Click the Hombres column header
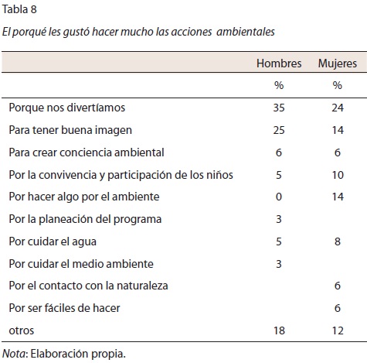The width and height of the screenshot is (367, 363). click(279, 63)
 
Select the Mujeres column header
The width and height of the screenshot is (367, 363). click(338, 63)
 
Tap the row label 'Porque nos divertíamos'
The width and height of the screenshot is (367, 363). click(67, 108)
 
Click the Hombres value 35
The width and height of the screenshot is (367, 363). click(279, 108)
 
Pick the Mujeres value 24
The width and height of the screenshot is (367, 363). click(338, 108)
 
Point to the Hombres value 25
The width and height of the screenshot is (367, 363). click(279, 130)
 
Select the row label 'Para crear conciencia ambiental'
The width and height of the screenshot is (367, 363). click(87, 152)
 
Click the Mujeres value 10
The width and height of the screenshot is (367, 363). click(338, 175)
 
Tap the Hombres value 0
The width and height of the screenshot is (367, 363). click(279, 197)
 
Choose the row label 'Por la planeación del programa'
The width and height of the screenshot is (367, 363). click(85, 219)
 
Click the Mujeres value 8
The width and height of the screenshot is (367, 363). click(338, 241)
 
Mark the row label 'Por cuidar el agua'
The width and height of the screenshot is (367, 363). click(53, 241)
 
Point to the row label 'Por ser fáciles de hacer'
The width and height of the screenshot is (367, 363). click(64, 308)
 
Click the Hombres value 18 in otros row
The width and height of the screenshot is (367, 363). click(279, 330)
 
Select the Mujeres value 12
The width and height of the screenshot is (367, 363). click(338, 330)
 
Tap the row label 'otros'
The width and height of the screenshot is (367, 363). click(22, 330)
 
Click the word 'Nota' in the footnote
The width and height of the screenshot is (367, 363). click(14, 354)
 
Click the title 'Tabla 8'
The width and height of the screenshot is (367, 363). click(19, 9)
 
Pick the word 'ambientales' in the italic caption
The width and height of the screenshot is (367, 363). click(246, 32)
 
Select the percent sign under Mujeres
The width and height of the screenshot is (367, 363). click(338, 85)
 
